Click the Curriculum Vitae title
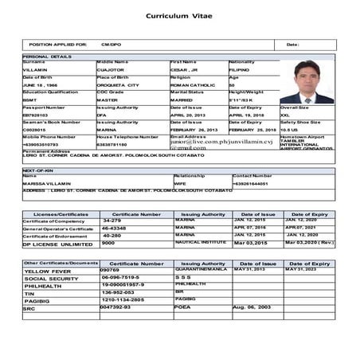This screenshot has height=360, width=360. [x=179, y=16]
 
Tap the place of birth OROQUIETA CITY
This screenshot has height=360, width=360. [x=118, y=84]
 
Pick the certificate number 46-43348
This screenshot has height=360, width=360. [x=115, y=228]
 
